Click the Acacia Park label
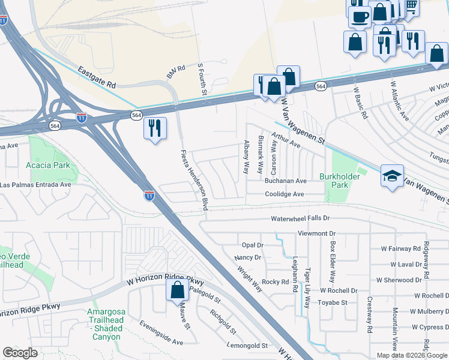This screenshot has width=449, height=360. coord(48,165)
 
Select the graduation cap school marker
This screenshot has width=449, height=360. coord(392,176)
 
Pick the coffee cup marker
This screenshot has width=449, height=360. coord(360,17)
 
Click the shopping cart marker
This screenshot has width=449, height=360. coord(411,7)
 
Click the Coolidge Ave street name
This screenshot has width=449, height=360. coord(285,194)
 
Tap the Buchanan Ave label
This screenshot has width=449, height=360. coord(286,181)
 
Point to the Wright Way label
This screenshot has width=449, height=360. coord(251,274)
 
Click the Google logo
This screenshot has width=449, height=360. coord(20,353)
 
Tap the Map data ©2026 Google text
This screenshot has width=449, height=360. coord(411,355)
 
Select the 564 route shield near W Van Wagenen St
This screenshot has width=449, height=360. coord(321,86)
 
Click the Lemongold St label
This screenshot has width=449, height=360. coord(247,346)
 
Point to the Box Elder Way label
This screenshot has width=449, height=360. coord(331,262)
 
